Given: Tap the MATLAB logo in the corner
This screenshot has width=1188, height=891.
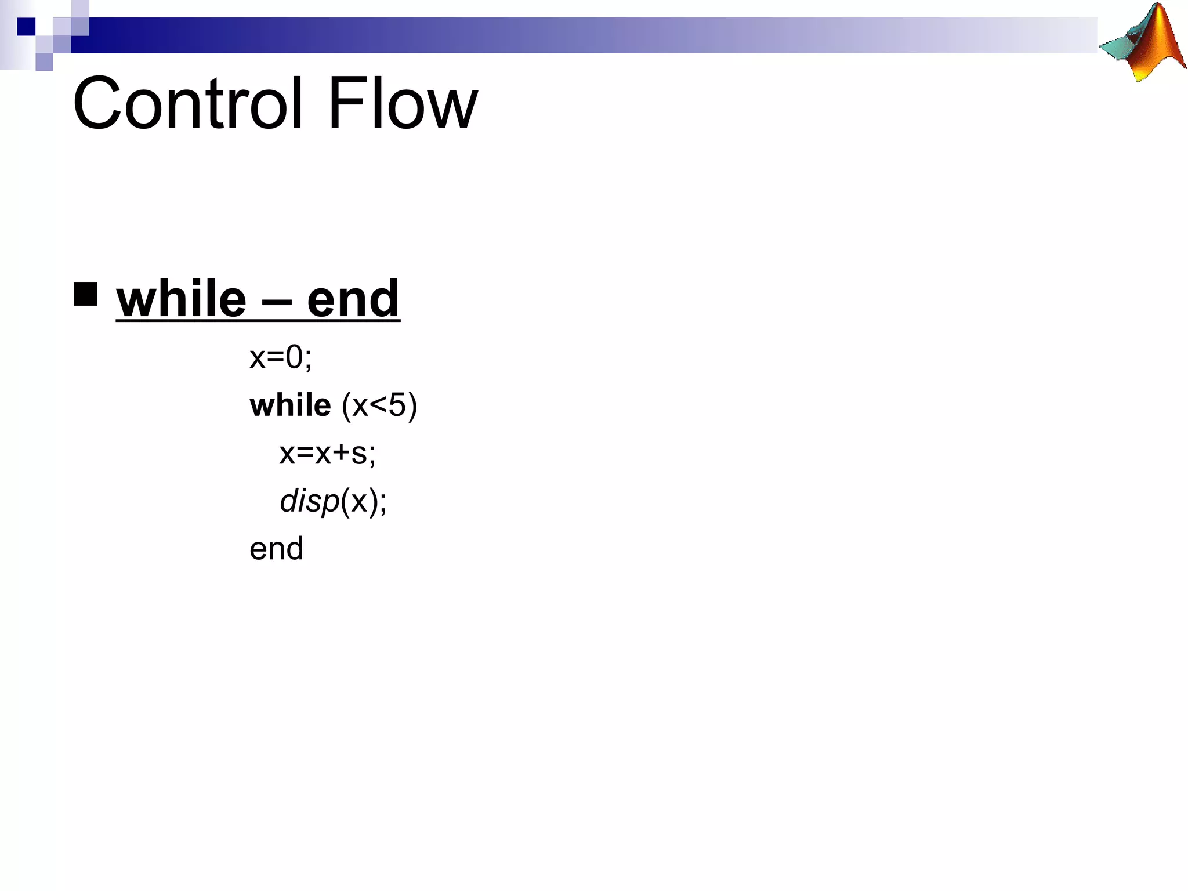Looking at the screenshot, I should tap(1142, 42).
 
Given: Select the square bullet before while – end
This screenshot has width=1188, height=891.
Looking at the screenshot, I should tap(86, 294).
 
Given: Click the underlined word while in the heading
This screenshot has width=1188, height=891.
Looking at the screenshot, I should tap(181, 299).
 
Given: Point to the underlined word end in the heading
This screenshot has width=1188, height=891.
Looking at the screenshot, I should tap(353, 299).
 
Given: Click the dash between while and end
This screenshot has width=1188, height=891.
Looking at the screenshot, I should tap(276, 302).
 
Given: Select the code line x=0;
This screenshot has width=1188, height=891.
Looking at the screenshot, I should tap(281, 357).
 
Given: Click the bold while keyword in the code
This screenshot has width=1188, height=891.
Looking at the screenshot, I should tap(290, 405).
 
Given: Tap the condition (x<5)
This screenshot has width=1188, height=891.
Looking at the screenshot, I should tap(379, 405).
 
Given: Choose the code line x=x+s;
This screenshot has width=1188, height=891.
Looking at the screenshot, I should tap(327, 453).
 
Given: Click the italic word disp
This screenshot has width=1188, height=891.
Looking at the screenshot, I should tap(309, 501).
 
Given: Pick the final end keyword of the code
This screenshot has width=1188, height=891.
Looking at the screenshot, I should tap(276, 549).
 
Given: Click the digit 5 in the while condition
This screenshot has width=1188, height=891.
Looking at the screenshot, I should tap(397, 405).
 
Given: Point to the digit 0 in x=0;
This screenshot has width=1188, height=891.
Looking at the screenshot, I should tap(294, 357).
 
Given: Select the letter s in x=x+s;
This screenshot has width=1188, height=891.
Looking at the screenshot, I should tap(359, 454).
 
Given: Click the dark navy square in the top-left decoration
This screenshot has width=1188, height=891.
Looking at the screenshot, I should tap(26, 26).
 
